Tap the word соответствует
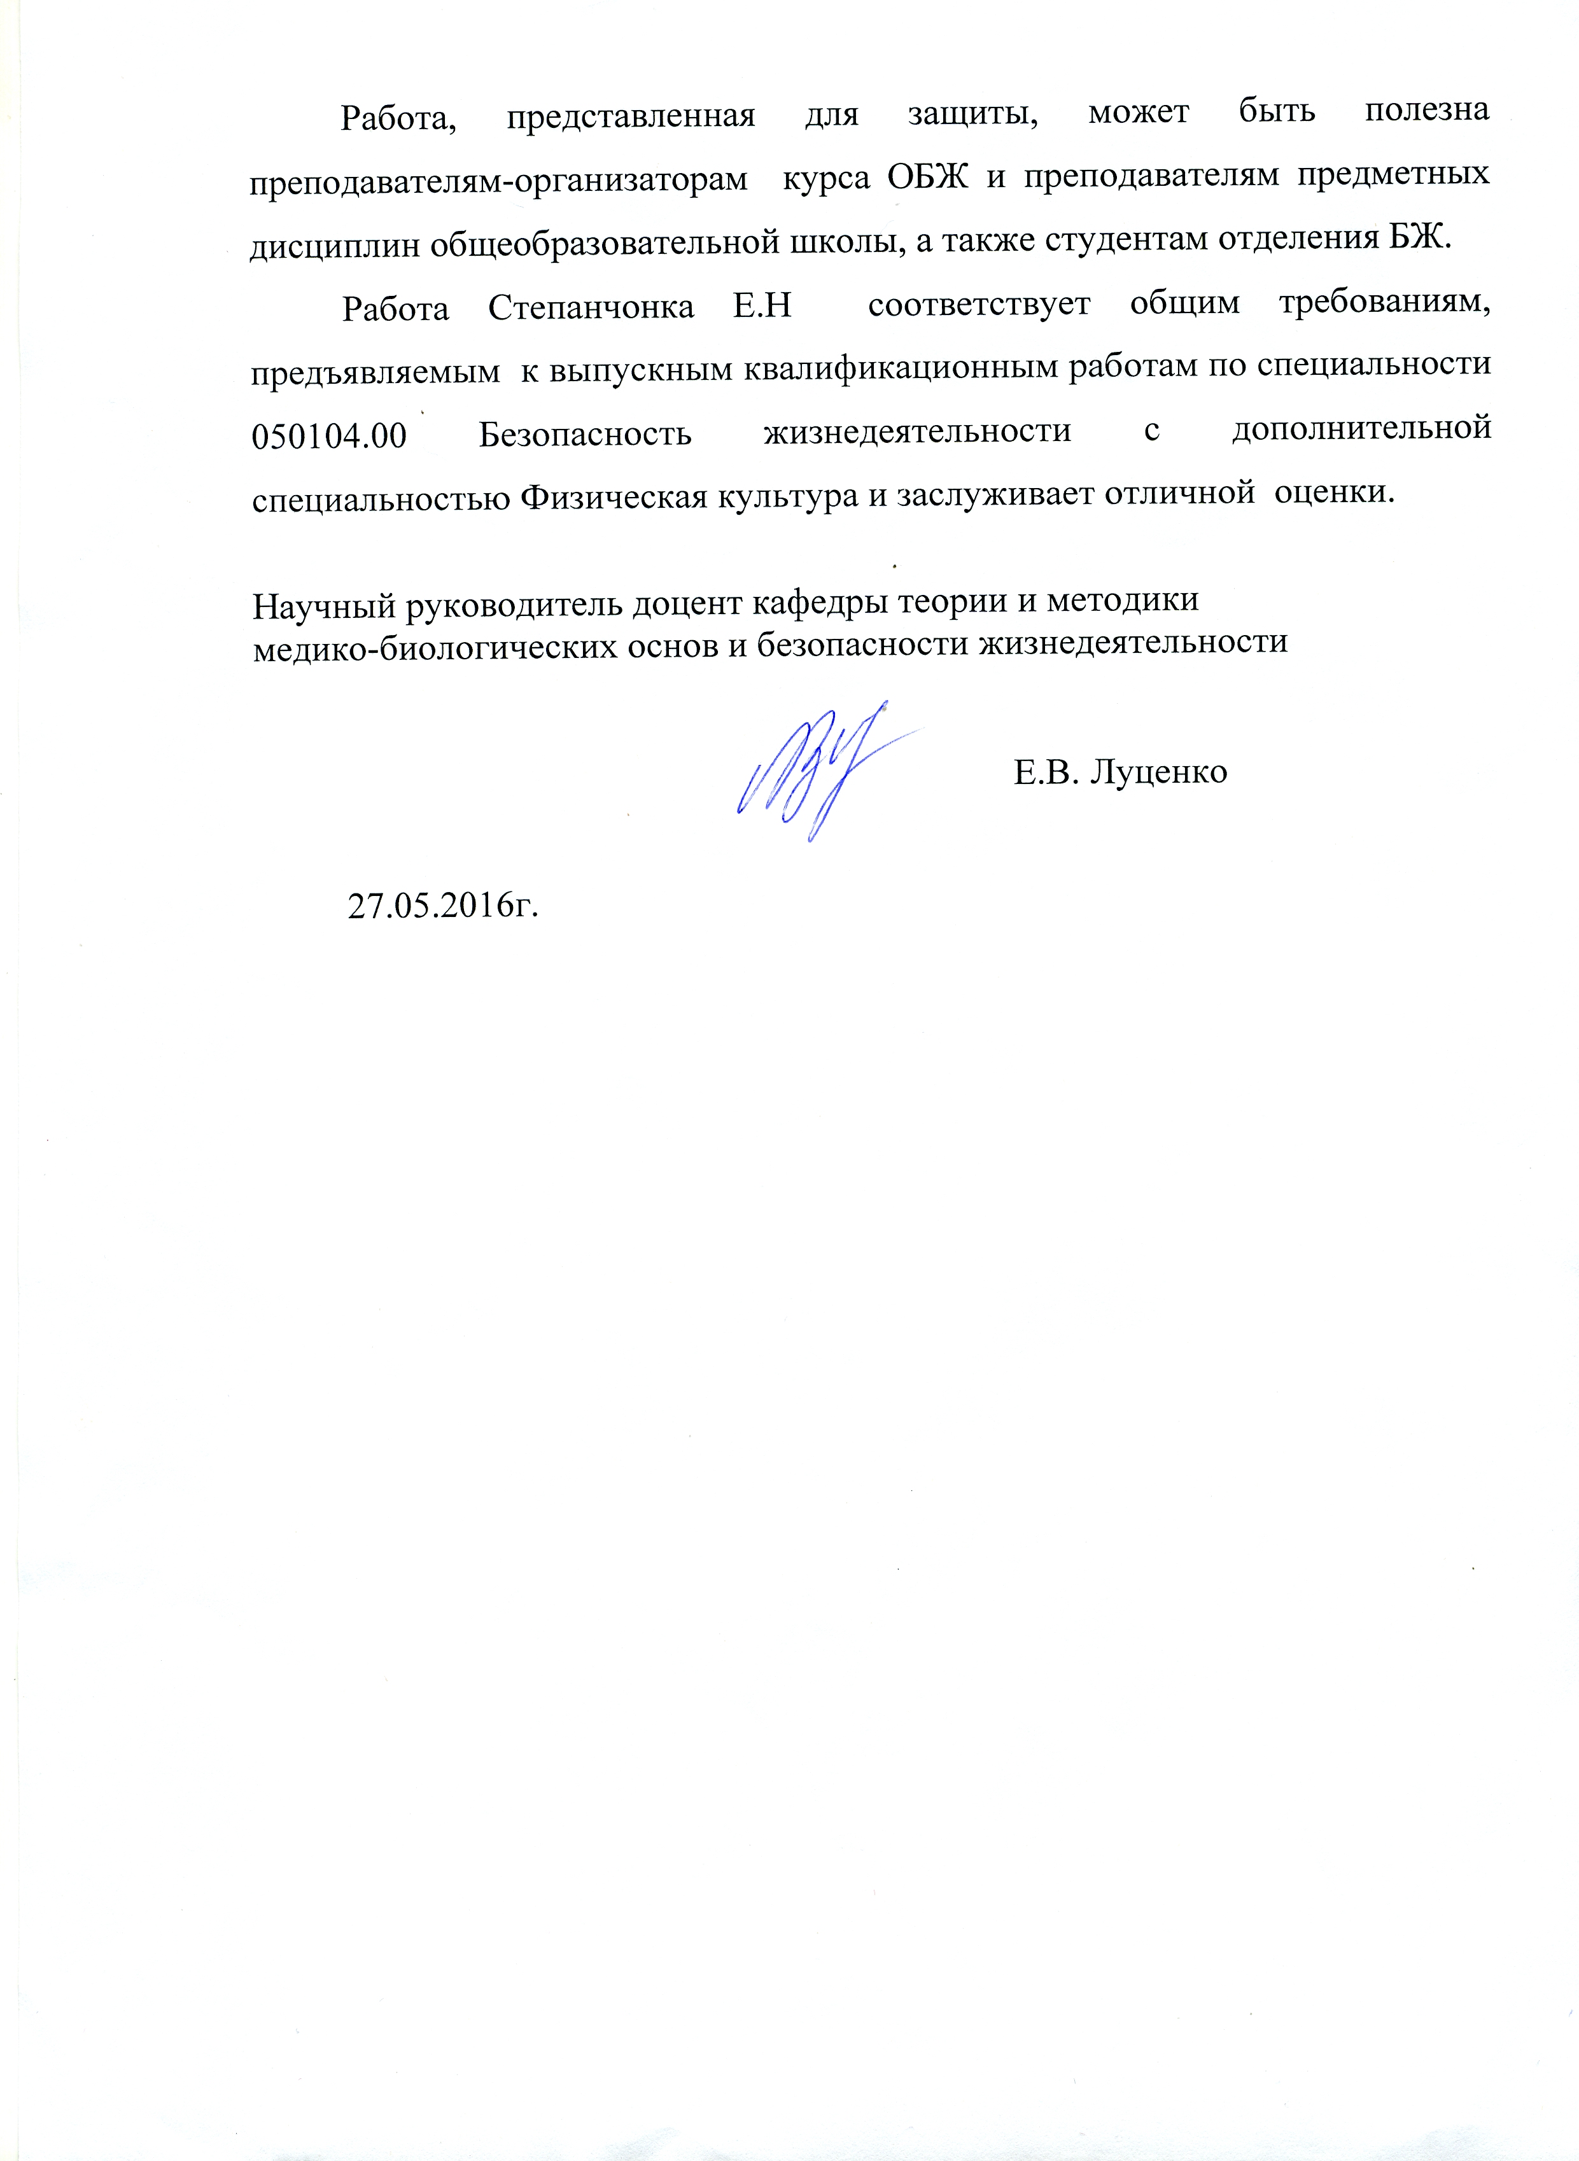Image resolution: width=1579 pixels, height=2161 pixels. [x=979, y=305]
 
